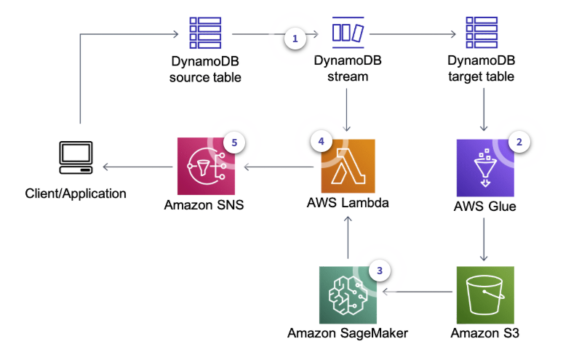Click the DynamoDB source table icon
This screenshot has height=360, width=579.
205,32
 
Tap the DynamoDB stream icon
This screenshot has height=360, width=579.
348,32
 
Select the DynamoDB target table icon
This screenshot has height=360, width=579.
481,32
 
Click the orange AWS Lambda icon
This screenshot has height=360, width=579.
348,166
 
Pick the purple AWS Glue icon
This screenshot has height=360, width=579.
482,166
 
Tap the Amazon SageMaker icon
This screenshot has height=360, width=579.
347,293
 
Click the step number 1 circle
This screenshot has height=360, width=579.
295,39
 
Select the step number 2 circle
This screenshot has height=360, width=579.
519,143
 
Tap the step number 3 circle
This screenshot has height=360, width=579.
378,270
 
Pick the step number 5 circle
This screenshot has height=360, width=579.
234,143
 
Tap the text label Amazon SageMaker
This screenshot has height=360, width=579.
348,333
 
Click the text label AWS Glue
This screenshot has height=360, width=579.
481,206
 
